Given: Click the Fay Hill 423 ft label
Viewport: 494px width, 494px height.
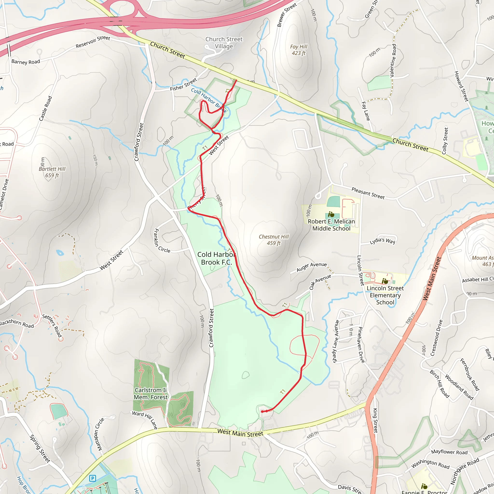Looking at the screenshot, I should pyautogui.click(x=298, y=50).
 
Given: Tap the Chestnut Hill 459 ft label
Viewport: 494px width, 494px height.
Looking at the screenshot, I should pyautogui.click(x=274, y=240).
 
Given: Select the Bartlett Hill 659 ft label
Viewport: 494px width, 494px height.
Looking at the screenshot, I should pyautogui.click(x=52, y=172).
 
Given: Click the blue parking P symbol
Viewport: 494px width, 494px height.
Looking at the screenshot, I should pyautogui.click(x=93, y=478).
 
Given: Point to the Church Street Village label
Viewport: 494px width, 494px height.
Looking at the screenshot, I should pyautogui.click(x=224, y=43).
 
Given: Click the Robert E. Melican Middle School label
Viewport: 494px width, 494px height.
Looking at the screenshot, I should pyautogui.click(x=331, y=225).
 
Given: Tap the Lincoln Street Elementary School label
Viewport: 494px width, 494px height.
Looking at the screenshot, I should pyautogui.click(x=385, y=295).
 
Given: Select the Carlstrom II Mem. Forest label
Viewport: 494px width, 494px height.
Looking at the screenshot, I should pyautogui.click(x=151, y=393).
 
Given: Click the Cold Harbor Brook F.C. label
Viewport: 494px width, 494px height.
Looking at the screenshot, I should pyautogui.click(x=216, y=258).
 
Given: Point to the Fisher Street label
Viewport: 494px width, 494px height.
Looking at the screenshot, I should pyautogui.click(x=183, y=85).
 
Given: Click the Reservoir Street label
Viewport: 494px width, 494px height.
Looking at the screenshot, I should pyautogui.click(x=93, y=42).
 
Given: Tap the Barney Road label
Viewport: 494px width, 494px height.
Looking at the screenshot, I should pyautogui.click(x=26, y=62).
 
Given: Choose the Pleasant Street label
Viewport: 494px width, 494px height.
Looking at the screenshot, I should pyautogui.click(x=368, y=193).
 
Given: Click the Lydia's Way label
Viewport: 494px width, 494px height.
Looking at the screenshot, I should pyautogui.click(x=382, y=241).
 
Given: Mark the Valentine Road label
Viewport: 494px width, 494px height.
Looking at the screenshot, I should pyautogui.click(x=393, y=61).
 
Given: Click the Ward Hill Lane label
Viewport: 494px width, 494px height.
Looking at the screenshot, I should pyautogui.click(x=145, y=420).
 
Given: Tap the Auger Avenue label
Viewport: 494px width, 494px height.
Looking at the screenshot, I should pyautogui.click(x=311, y=267).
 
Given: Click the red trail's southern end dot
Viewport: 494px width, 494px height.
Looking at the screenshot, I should pyautogui.click(x=262, y=412).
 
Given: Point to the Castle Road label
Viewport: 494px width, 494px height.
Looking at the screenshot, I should pyautogui.click(x=46, y=108).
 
